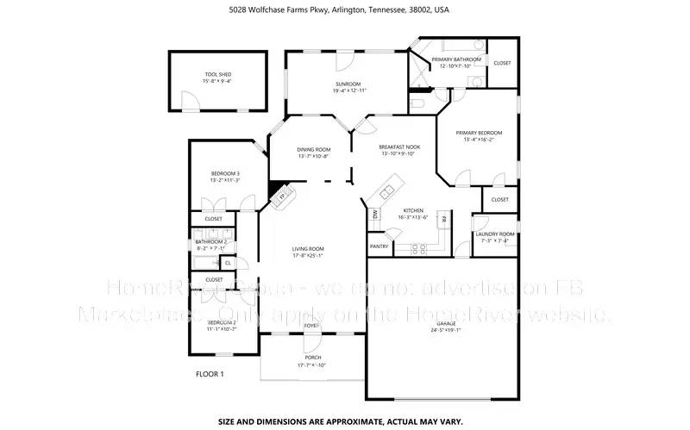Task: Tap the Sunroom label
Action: pos(349,84)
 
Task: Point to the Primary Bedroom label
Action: pos(482,133)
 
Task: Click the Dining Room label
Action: pos(314,150)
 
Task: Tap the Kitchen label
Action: pos(413,210)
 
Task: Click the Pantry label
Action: pos(379,246)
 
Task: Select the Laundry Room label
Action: pos(495,234)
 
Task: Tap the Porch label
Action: pos(312,357)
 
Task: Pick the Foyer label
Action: pos(310,325)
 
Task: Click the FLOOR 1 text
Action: pos(210,374)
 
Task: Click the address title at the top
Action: pos(339,10)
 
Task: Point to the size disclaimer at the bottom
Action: pos(340,422)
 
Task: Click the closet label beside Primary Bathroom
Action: pos(501,63)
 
